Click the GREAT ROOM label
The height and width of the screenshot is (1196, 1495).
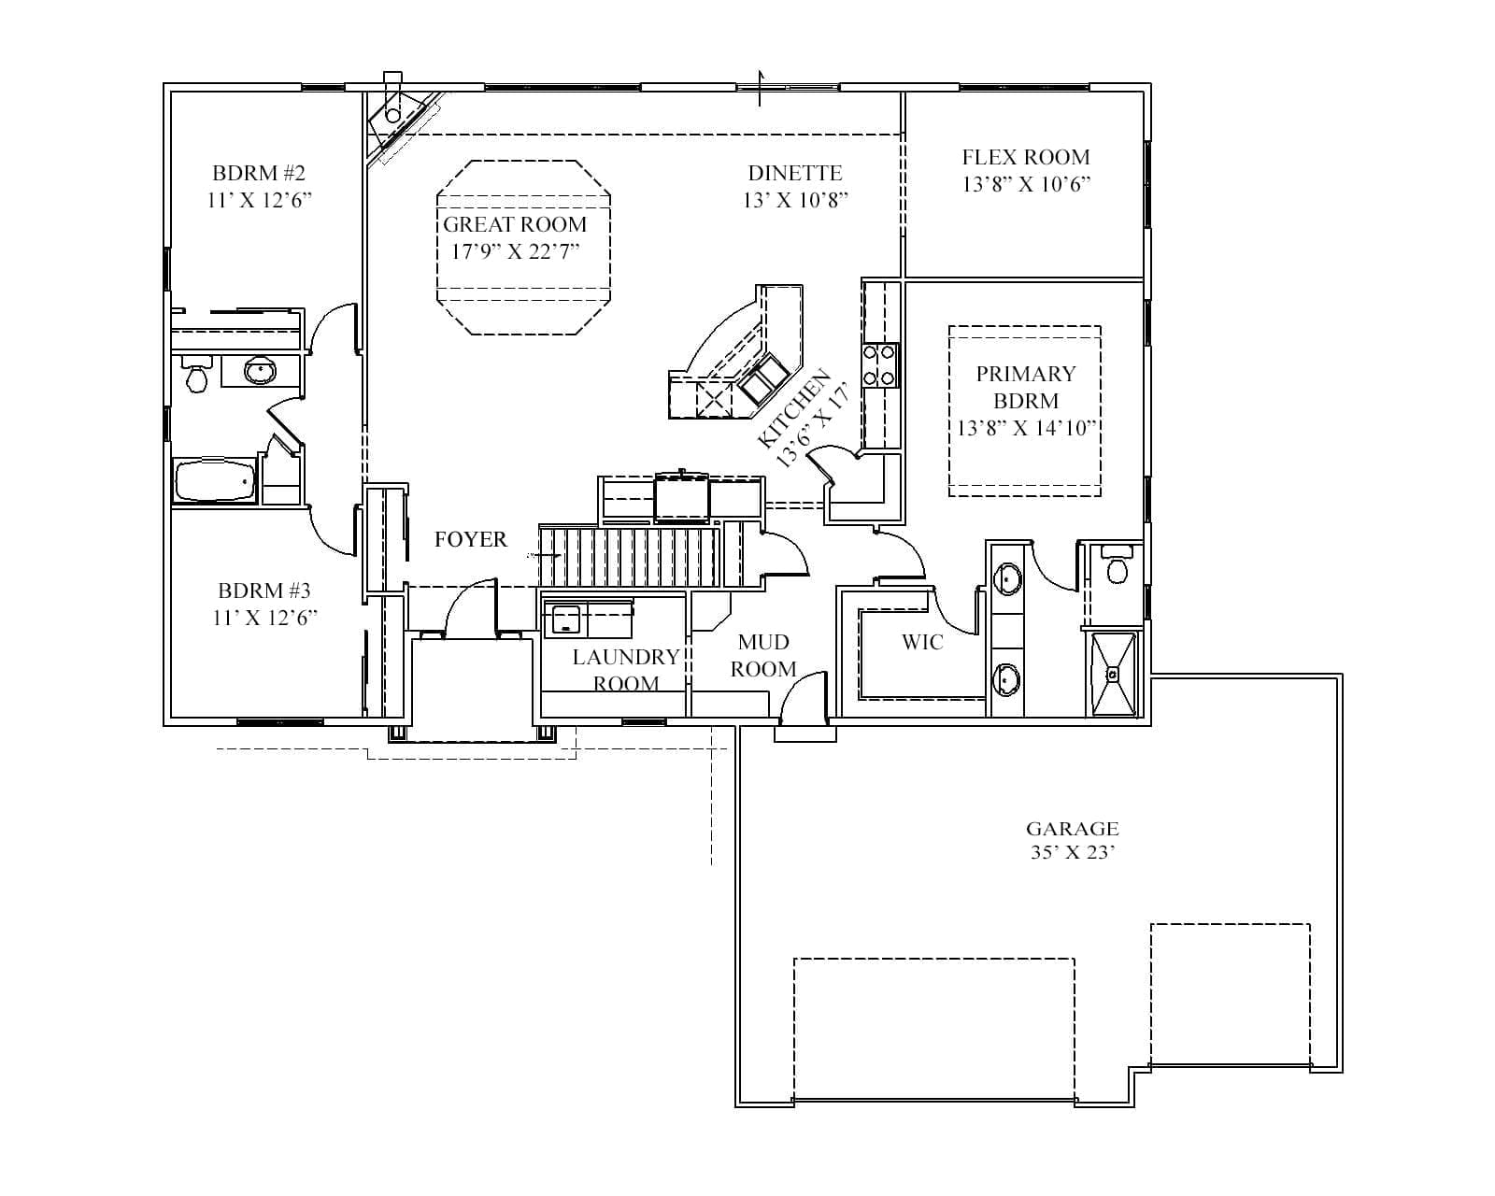514,224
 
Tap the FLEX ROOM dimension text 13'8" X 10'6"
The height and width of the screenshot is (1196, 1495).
1026,184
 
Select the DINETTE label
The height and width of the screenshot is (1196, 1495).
794,173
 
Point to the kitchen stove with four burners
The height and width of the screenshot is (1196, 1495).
879,365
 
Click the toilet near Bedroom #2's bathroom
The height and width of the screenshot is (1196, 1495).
196,377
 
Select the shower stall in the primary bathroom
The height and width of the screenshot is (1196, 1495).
1113,674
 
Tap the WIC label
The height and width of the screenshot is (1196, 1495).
921,642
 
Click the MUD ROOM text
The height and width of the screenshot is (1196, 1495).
762,655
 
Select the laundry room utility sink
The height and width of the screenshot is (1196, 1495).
563,619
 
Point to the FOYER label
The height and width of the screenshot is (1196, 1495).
470,539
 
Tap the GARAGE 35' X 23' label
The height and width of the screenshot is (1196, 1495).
1072,840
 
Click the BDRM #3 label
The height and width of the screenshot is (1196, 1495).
263,591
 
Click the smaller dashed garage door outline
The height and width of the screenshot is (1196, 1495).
1229,994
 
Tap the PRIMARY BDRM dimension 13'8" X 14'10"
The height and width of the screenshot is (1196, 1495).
1025,428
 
